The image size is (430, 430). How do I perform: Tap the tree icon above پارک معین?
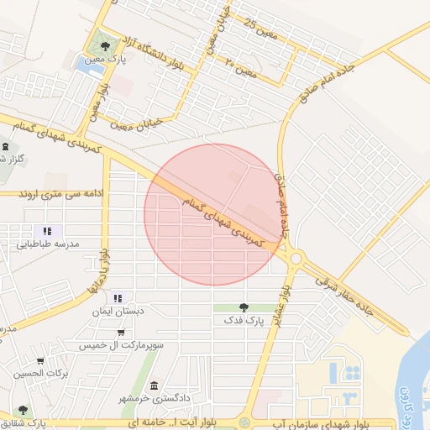[x=105, y=46]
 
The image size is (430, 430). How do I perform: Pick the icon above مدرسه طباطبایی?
[x=47, y=230]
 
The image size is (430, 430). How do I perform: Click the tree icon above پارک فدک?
[x=244, y=307]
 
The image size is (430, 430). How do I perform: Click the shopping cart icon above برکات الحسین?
[x=39, y=359]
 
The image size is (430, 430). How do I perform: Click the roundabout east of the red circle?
[x=295, y=259]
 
